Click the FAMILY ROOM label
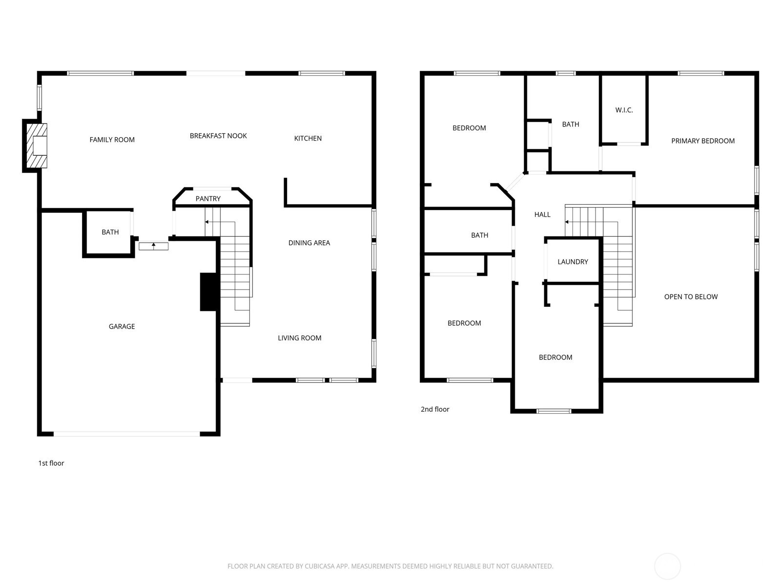click(x=112, y=140)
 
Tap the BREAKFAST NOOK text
click(x=218, y=136)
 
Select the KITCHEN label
click(x=308, y=138)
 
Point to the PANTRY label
click(x=208, y=199)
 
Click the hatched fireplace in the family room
click(x=37, y=146)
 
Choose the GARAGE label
click(x=122, y=327)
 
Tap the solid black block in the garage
click(x=208, y=292)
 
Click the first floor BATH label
click(x=110, y=232)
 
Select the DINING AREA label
click(x=309, y=243)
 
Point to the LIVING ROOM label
click(x=299, y=338)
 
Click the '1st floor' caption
click(x=51, y=463)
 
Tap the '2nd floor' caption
click(x=435, y=409)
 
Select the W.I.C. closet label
click(x=624, y=110)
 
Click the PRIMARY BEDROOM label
click(x=703, y=141)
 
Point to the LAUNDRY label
click(x=573, y=262)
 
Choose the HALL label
click(x=542, y=214)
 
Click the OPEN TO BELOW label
click(x=691, y=297)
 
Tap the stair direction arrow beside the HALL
click(x=567, y=222)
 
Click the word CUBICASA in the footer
click(x=319, y=566)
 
